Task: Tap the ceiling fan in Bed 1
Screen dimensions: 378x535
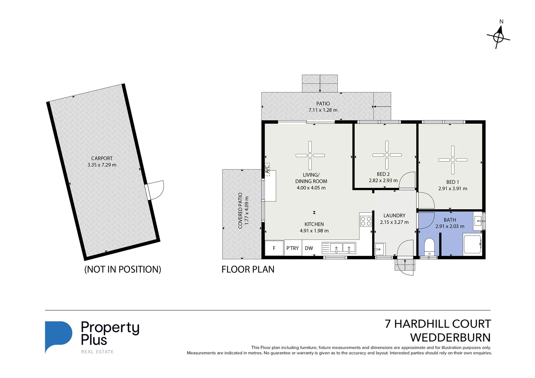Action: [453, 160]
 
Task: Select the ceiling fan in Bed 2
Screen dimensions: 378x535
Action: [387, 155]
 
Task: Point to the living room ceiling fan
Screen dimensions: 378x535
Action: [310, 155]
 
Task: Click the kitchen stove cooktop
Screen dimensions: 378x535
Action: [366, 221]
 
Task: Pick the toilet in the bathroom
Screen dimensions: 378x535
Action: [429, 247]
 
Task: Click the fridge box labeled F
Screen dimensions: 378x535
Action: [274, 248]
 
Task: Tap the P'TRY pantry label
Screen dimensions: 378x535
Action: [292, 248]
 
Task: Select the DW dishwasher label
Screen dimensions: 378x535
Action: [309, 248]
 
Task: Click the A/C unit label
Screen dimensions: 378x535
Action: [267, 169]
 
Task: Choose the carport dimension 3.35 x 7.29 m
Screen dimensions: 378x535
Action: [102, 165]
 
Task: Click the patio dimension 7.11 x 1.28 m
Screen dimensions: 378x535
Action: [323, 110]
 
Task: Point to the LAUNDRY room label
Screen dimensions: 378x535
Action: [394, 216]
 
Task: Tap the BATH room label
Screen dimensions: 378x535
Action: [450, 220]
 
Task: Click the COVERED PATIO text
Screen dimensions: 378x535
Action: [240, 211]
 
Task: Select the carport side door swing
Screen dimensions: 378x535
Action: [156, 190]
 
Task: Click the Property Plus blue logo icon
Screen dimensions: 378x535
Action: [58, 336]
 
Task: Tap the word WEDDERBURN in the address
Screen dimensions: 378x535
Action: [450, 338]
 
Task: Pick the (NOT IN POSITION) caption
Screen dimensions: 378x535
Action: [123, 269]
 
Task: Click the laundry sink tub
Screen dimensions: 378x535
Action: [379, 249]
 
